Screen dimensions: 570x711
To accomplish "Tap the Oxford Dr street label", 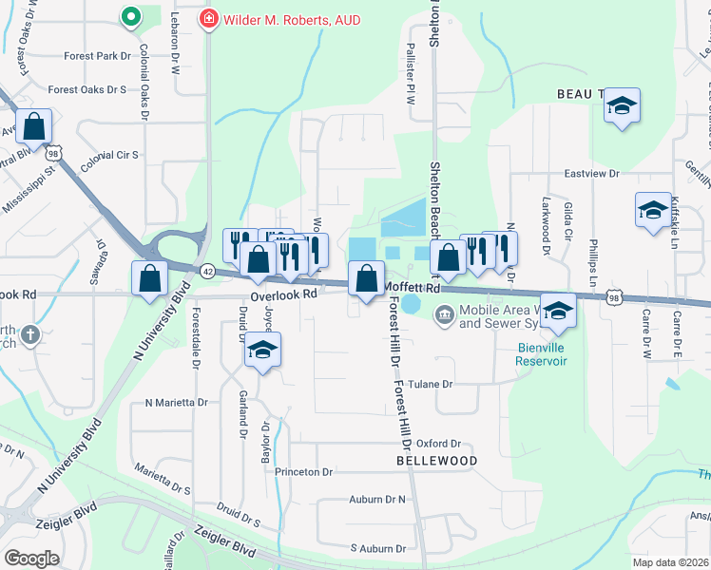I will (x=438, y=444).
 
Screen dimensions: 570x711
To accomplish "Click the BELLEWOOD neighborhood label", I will (x=436, y=461).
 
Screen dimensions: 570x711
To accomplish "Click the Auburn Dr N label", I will (x=377, y=499).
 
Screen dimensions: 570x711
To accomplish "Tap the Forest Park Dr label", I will (x=97, y=56).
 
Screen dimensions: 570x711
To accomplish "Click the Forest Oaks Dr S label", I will (x=87, y=90).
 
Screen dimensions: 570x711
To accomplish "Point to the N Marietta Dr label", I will (x=176, y=403).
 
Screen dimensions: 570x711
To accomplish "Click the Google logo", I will (x=31, y=558).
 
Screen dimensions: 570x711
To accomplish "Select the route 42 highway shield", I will (x=207, y=270).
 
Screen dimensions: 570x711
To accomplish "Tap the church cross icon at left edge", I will (x=30, y=334).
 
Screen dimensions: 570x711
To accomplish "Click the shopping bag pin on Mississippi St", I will (x=33, y=126).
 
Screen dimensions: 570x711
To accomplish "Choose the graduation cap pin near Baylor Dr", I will (x=262, y=351).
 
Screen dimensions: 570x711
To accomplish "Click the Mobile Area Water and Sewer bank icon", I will (x=444, y=315).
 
